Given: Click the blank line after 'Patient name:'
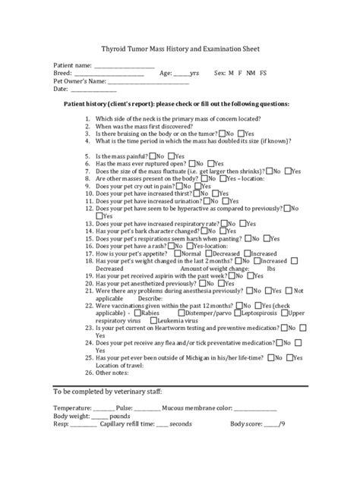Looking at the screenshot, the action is pos(122,66).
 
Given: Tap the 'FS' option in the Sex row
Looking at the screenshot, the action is pos(264,73).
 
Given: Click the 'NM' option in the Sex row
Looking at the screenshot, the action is pos(251,73).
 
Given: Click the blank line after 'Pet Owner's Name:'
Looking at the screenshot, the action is pos(144,81).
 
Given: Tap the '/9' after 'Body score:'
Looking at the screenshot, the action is pos(282,423).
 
